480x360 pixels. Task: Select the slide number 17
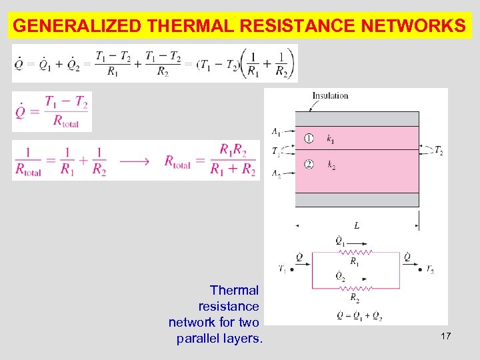[x=446, y=337]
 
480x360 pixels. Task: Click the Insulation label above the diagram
[x=330, y=95]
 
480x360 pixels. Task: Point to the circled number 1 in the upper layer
[x=309, y=139]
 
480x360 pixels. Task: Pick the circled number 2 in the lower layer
[x=309, y=163]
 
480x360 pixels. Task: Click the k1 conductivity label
[x=331, y=139]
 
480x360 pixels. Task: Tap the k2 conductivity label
[x=331, y=164]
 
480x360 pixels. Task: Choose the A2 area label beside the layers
[x=275, y=173]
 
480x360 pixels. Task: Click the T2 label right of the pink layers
[x=438, y=151]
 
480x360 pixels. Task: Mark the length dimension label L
[x=357, y=226]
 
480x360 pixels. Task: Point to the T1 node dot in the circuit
[x=292, y=270]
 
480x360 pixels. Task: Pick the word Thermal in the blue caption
[x=234, y=290]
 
